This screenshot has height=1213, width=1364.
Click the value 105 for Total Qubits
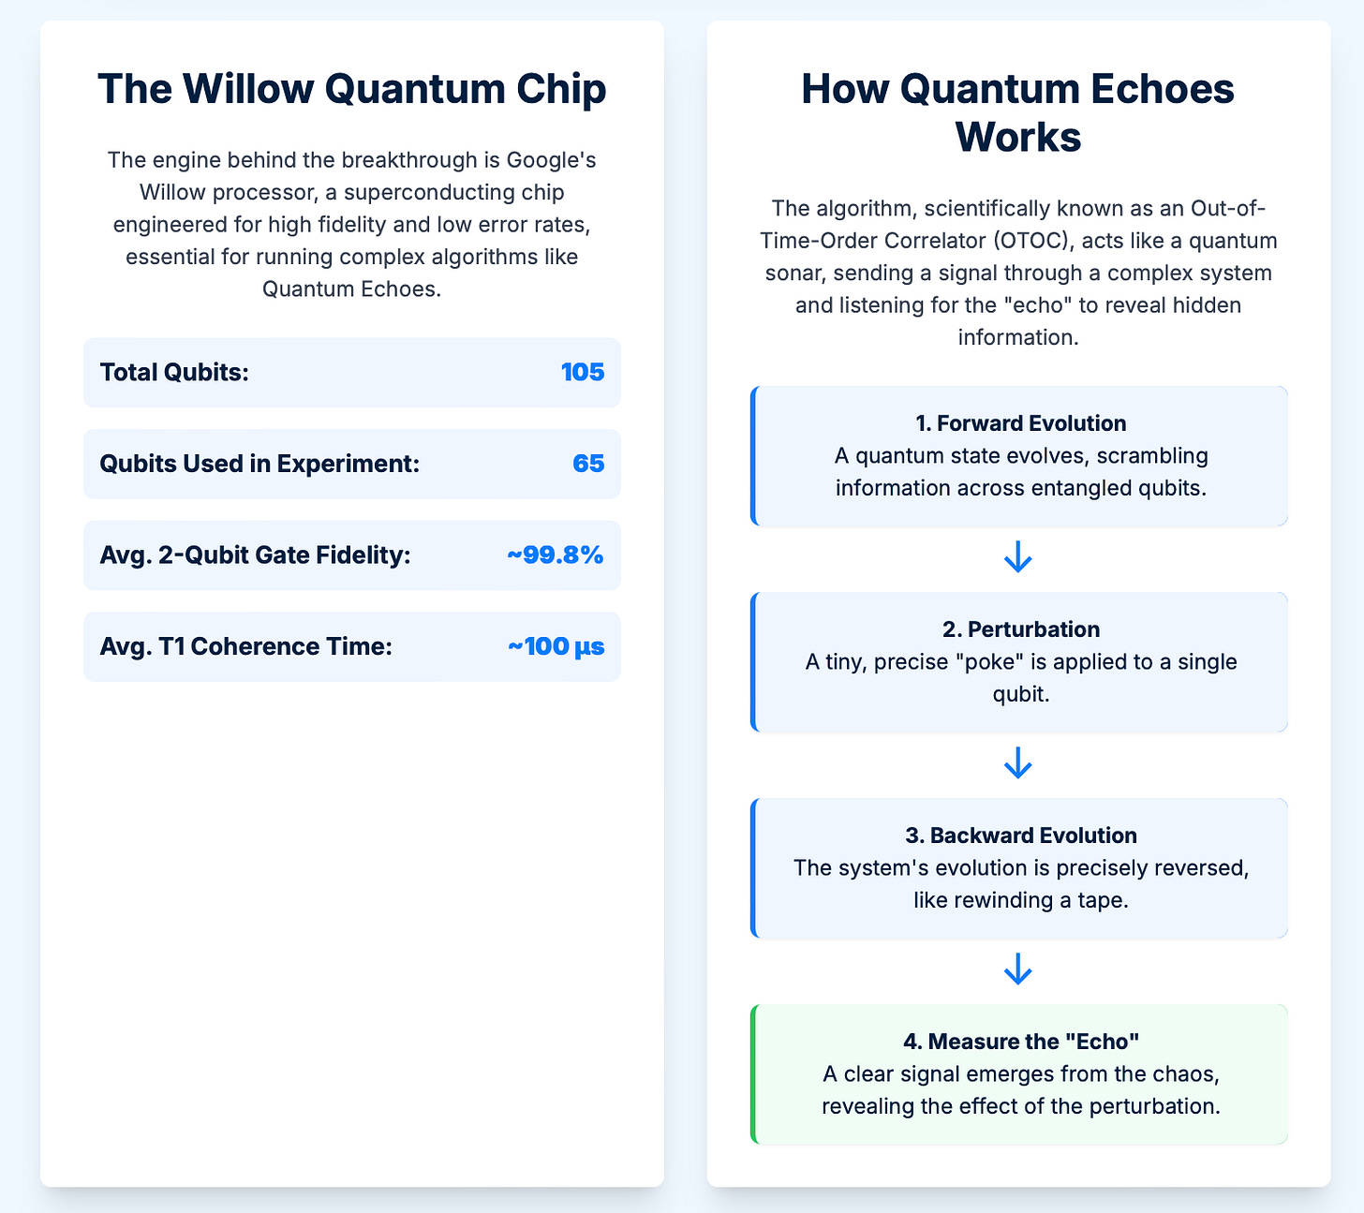click(582, 373)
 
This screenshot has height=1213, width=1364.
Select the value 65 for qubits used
click(588, 464)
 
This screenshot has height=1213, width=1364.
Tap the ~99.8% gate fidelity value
click(556, 555)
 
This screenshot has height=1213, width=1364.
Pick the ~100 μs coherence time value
click(556, 646)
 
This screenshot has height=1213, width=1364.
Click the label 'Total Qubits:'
click(174, 373)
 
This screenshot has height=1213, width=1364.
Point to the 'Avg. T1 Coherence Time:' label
click(245, 646)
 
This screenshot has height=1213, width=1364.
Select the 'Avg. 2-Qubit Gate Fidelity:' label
click(255, 555)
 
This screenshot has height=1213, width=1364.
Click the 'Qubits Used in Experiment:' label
click(259, 464)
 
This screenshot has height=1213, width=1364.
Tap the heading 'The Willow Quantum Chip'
click(351, 90)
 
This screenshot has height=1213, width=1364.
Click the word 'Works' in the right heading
click(1018, 138)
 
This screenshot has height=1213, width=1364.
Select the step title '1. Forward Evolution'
click(1020, 423)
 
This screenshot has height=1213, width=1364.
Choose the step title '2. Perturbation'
click(1019, 629)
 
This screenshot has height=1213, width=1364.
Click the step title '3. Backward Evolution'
click(1020, 836)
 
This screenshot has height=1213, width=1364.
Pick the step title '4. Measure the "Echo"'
click(1020, 1042)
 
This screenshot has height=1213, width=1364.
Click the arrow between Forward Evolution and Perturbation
click(1018, 558)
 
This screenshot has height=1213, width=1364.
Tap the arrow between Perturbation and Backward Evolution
click(1018, 764)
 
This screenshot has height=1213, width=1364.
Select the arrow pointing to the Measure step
click(1018, 970)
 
